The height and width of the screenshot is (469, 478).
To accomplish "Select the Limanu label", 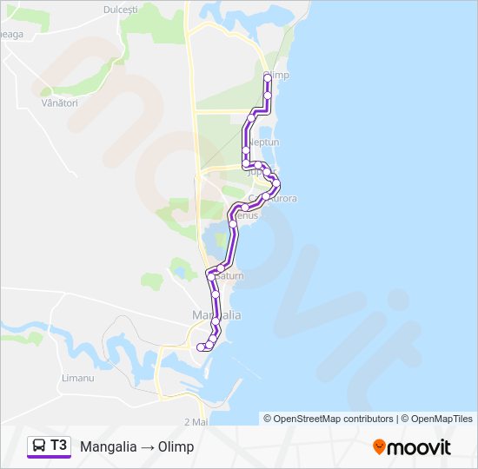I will pyautogui.click(x=78, y=379).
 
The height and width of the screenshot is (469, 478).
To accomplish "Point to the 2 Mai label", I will pyautogui.click(x=196, y=420).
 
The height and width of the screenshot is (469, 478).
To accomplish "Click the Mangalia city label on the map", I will pyautogui.click(x=216, y=314).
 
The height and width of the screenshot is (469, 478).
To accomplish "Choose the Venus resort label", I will pyautogui.click(x=247, y=215).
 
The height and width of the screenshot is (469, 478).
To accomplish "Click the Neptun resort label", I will pyautogui.click(x=263, y=141).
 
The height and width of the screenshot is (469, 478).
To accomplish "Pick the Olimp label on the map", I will pyautogui.click(x=278, y=76).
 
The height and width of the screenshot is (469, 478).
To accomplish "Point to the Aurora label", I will pyautogui.click(x=282, y=198).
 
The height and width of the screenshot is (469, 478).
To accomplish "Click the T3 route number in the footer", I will pyautogui.click(x=59, y=446).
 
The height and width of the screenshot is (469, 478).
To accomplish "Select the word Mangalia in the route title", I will pyautogui.click(x=108, y=446).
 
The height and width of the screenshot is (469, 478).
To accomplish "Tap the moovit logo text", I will pyautogui.click(x=420, y=447).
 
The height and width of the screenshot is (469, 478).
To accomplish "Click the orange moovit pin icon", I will pyautogui.click(x=379, y=446).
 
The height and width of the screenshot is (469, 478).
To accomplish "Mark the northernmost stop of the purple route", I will pyautogui.click(x=268, y=78).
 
